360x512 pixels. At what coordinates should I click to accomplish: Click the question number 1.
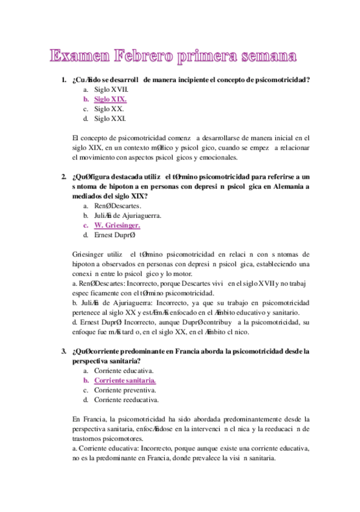(63, 80)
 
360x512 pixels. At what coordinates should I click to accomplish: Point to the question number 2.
(63, 176)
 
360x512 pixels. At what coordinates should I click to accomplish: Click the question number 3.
(63, 350)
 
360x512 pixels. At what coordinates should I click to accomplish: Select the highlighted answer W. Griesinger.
(117, 225)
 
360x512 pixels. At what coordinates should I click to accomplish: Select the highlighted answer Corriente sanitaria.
(124, 380)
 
